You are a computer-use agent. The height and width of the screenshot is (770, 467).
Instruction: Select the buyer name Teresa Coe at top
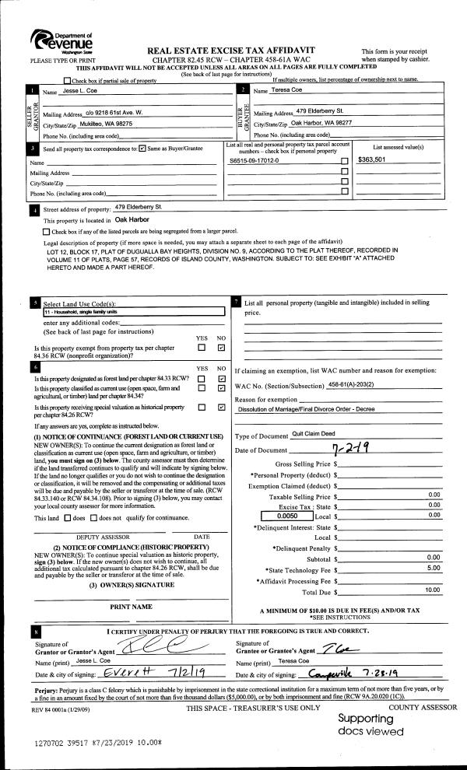click(286, 91)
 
